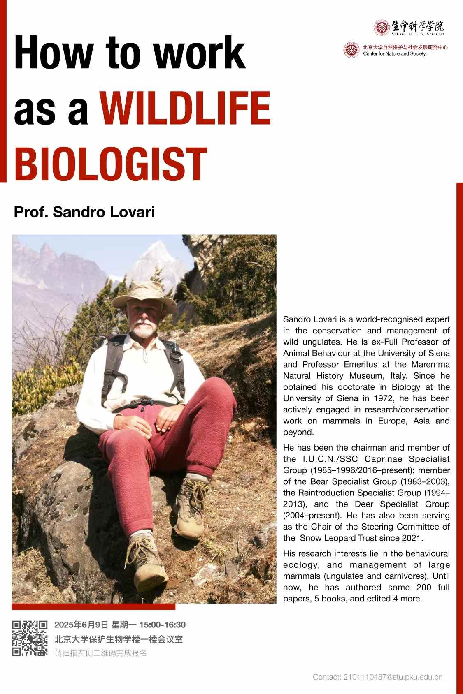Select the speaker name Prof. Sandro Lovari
[x=84, y=212]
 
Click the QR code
[x=30, y=638]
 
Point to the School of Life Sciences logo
[x=409, y=27]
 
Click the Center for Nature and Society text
[x=394, y=54]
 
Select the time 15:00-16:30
[x=163, y=625]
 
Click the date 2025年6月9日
[x=81, y=625]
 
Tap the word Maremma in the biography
[x=433, y=364]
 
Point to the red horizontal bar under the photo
[x=93, y=606]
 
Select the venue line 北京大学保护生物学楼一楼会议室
[x=119, y=639]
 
